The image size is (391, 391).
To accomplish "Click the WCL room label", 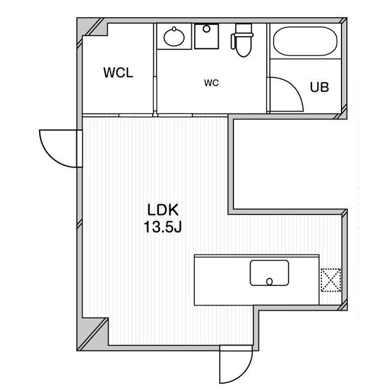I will (119, 73).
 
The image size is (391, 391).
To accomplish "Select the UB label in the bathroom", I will (319, 87).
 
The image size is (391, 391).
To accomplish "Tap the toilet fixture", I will (241, 43).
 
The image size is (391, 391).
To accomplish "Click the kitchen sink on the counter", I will (269, 273).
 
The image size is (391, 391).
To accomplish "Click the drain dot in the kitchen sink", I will (269, 282).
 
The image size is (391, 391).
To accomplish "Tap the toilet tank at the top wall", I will (243, 29).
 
